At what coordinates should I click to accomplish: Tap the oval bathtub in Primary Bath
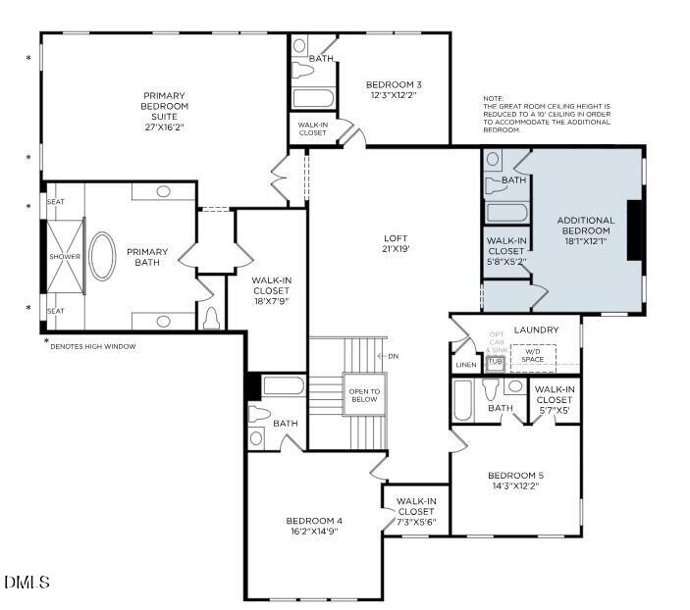pos(103,257)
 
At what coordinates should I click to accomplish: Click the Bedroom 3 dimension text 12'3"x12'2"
pos(394,94)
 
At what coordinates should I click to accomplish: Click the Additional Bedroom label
pos(585,227)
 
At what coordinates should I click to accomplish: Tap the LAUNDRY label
pos(536,330)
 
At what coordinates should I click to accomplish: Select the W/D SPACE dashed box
pos(532,356)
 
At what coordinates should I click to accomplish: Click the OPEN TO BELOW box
pos(363,395)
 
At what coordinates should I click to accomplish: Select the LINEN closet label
pos(466,365)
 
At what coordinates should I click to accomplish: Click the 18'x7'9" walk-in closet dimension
pos(271,301)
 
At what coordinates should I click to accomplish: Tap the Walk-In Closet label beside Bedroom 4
pos(416,511)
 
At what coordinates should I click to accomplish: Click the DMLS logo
pos(27,583)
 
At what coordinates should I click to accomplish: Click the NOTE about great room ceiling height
pos(547,115)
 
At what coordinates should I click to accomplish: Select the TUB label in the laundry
pos(496,361)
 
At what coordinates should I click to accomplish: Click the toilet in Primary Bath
pos(212,318)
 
